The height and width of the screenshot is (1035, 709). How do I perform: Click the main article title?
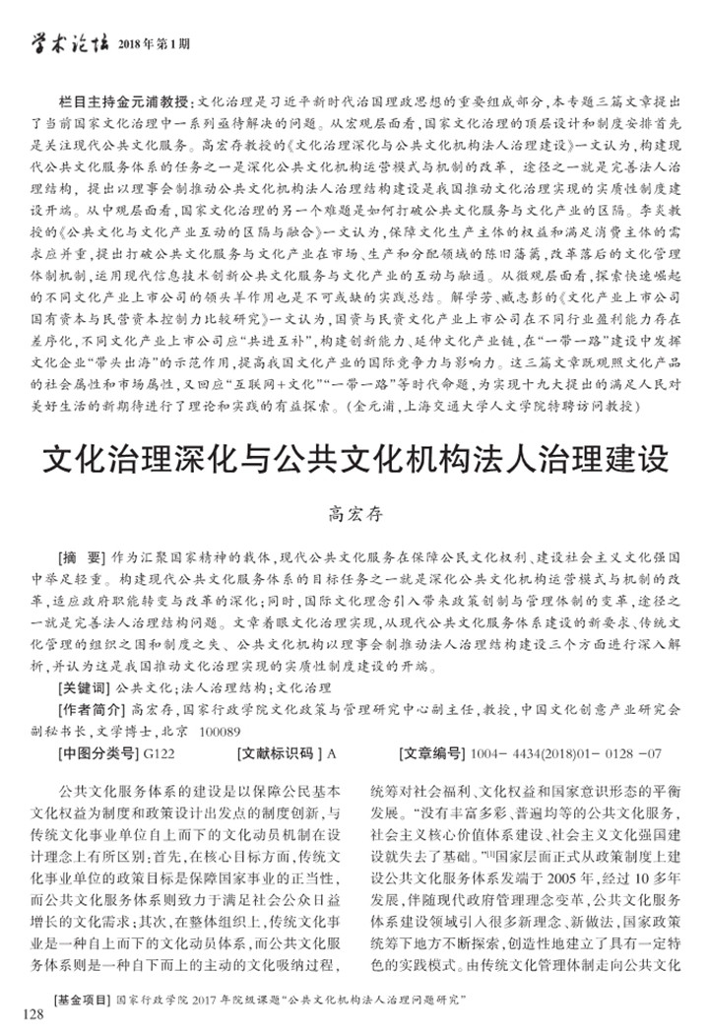[x=354, y=462]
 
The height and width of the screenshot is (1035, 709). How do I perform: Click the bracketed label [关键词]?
[x=86, y=686]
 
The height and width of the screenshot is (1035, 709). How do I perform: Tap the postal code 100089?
[x=221, y=732]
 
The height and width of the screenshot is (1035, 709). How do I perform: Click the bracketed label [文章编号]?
[x=433, y=756]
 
